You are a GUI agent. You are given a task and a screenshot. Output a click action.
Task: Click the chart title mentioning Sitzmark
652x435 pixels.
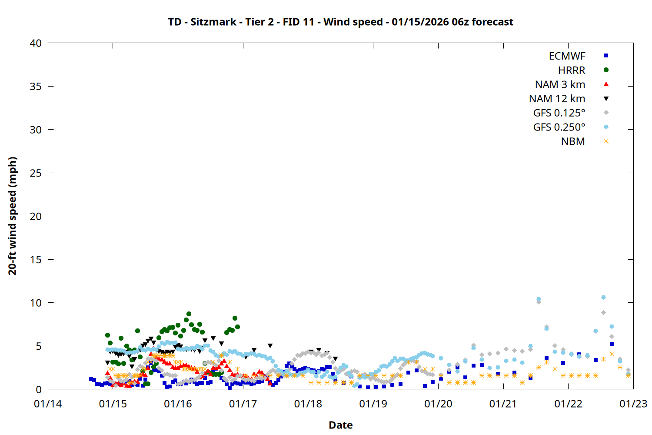[x=340, y=22]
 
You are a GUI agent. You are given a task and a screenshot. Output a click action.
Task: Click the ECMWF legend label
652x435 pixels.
[x=567, y=56]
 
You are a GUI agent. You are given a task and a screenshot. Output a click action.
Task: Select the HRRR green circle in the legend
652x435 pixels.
[x=606, y=70]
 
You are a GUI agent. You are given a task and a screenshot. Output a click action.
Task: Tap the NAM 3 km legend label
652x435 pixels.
[x=560, y=84]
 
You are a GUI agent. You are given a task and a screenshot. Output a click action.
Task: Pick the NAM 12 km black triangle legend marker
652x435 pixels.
[x=606, y=99]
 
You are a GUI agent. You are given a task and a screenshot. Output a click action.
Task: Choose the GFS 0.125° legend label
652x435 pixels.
[x=559, y=113]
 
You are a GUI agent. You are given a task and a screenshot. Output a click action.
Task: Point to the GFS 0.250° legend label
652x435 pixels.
[x=559, y=127]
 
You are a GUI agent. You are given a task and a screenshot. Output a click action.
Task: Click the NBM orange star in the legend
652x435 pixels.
[x=606, y=141]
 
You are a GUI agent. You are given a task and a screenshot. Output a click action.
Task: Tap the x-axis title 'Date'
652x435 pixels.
[x=340, y=425]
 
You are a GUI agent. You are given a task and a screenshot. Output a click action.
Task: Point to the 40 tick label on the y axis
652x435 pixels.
[x=36, y=43]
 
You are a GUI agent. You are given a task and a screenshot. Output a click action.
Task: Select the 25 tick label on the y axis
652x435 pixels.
[x=36, y=173]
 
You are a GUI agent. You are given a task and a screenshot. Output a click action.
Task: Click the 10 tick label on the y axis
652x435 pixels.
[x=36, y=303]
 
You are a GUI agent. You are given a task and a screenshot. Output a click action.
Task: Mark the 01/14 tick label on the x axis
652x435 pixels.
[x=48, y=404]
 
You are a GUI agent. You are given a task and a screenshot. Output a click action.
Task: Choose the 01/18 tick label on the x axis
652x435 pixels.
[x=308, y=404]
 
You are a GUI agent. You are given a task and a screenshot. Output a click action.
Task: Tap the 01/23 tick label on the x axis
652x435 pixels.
[x=633, y=404]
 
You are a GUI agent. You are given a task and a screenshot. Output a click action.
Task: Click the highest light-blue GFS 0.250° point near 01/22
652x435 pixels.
[x=603, y=298]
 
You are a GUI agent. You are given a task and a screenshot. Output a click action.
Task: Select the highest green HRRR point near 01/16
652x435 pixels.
[x=189, y=314]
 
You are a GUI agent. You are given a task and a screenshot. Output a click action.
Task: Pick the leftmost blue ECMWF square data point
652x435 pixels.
[x=91, y=379]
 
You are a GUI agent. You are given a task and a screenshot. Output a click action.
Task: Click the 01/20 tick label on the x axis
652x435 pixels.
[x=438, y=404]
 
